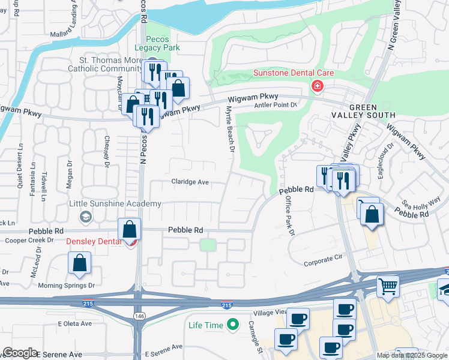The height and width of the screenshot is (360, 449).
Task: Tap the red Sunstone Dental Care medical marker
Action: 318,86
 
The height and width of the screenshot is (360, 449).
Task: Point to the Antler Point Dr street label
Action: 277,104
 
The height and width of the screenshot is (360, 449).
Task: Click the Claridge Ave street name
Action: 190,182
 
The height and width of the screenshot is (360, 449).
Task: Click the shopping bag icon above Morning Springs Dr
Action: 80,263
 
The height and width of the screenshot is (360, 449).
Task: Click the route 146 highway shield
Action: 138,316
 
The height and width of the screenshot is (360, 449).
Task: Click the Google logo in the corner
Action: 20,352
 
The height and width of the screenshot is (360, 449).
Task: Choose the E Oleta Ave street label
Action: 74,323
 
